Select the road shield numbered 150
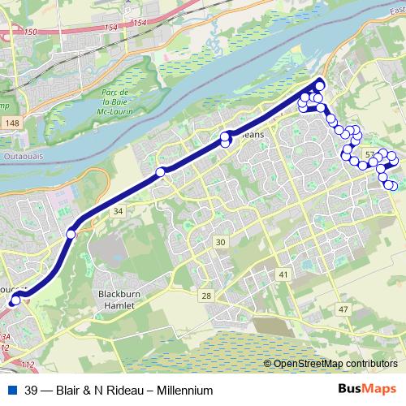(31, 32)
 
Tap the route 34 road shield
(119, 212)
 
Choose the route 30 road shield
(220, 242)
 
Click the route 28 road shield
(206, 296)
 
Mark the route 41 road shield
(283, 276)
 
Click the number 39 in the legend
(31, 391)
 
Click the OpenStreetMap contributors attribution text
(335, 364)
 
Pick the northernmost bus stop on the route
(319, 82)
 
